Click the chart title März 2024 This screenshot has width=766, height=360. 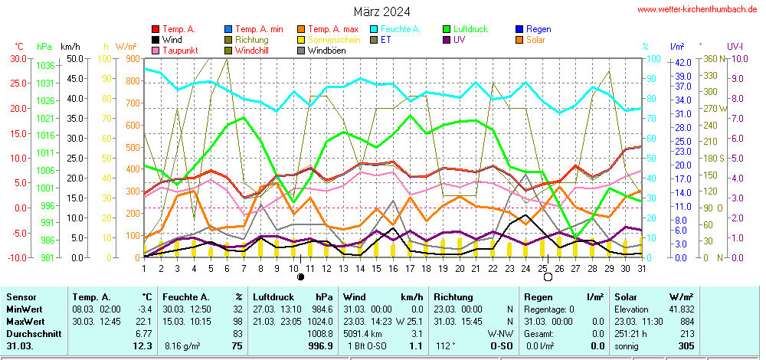pos(381,11)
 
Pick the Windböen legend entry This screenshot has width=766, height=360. pos(326,51)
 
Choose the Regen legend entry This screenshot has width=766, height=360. pos(538,29)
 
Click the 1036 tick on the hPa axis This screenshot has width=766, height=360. pos(44,66)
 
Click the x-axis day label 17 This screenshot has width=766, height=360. pos(410,267)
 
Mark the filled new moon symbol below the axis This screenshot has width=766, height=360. pos(301,277)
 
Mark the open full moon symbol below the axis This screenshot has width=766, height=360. pos(548,277)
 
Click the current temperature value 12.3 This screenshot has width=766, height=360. pos(142,346)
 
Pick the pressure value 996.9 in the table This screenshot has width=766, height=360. pos(319,346)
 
